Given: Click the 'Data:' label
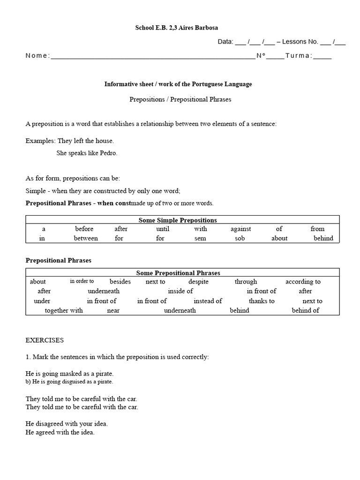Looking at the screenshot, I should (225, 42).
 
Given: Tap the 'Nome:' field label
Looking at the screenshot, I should (37, 56).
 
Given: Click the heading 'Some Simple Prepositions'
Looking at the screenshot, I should (178, 220).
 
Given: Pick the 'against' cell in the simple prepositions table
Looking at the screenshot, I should (240, 229).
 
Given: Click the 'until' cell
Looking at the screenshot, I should (163, 229).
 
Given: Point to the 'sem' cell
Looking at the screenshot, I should (201, 238).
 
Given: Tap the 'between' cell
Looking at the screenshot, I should (86, 238).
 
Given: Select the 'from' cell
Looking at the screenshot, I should (317, 229).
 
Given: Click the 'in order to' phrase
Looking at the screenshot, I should (82, 281).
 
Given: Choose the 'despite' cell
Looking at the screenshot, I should (198, 282).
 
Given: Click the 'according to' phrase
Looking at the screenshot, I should (303, 282).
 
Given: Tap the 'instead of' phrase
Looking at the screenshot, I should (208, 301).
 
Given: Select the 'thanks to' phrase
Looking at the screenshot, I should (262, 301).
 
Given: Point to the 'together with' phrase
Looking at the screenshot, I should (64, 310).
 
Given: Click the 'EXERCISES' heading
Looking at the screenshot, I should (45, 340).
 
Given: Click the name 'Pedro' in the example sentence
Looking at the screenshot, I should (108, 153).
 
